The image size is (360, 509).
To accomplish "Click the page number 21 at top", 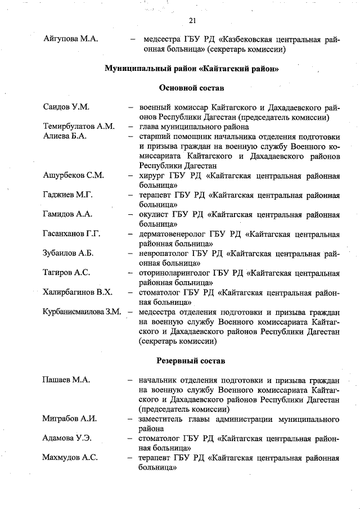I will click(191, 21).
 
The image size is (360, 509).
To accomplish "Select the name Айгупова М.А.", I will click(71, 39).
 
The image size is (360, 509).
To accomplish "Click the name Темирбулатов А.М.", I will click(79, 127).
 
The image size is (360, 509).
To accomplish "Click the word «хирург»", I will click(152, 175).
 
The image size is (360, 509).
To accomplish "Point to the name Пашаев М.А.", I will click(66, 380).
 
